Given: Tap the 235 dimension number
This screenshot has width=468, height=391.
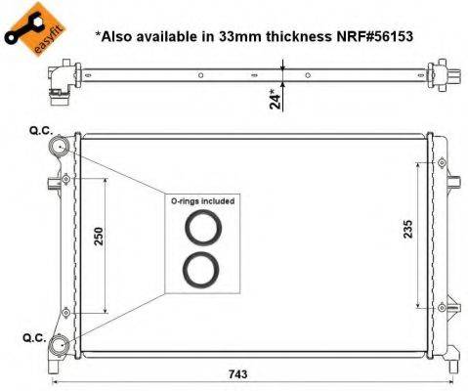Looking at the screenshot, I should click(x=408, y=227).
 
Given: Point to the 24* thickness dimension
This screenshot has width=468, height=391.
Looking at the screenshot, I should click(x=277, y=97).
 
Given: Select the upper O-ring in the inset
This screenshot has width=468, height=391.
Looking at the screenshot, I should click(x=202, y=230).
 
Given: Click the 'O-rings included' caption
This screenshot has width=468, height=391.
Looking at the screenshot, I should click(x=202, y=199).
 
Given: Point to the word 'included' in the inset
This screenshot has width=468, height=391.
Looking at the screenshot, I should click(x=218, y=199).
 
